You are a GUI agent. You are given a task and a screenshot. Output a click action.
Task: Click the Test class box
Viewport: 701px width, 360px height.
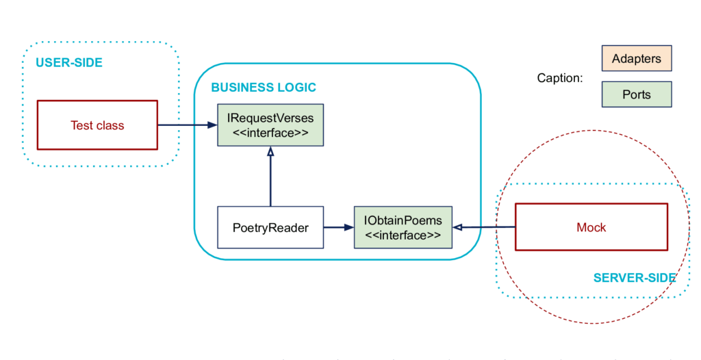click(x=97, y=125)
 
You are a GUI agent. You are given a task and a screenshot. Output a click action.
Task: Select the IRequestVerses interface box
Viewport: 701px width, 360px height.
click(x=270, y=125)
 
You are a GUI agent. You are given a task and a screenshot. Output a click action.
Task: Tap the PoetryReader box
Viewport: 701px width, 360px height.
click(x=270, y=227)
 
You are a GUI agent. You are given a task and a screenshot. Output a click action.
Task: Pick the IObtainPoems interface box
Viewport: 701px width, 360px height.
click(x=403, y=227)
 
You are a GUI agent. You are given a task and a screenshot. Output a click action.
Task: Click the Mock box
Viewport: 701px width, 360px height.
click(x=591, y=227)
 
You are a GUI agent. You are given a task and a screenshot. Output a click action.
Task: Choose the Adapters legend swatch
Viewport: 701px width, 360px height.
click(x=637, y=58)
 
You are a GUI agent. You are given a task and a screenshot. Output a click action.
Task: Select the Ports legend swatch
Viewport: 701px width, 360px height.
click(x=637, y=94)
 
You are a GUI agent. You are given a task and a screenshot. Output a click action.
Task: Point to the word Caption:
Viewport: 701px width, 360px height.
click(x=560, y=78)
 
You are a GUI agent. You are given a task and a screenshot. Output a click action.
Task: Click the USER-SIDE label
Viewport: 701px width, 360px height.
click(x=69, y=62)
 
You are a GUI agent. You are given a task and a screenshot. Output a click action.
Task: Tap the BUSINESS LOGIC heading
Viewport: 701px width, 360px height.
click(x=264, y=87)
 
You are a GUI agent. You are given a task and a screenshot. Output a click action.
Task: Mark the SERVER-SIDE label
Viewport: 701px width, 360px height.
click(x=635, y=278)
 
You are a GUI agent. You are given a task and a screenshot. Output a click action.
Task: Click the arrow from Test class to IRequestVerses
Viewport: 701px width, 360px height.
click(x=188, y=125)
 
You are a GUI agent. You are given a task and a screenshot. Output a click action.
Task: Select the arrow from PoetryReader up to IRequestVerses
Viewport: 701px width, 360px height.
click(x=270, y=177)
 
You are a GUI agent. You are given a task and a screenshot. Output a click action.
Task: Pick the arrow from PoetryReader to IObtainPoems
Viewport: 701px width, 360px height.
click(x=339, y=228)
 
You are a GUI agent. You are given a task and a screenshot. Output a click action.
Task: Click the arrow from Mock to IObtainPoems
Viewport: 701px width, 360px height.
click(x=484, y=228)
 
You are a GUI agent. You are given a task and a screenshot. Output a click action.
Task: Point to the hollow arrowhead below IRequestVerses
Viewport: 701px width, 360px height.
click(x=270, y=152)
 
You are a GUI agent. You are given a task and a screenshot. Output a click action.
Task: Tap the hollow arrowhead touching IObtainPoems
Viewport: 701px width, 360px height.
click(x=457, y=228)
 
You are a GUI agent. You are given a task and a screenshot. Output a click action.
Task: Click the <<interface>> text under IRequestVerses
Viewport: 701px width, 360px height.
click(x=270, y=133)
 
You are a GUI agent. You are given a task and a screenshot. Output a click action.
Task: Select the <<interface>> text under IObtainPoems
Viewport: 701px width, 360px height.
click(x=403, y=235)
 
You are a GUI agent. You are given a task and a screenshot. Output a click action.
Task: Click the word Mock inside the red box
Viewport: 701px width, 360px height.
click(x=591, y=227)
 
